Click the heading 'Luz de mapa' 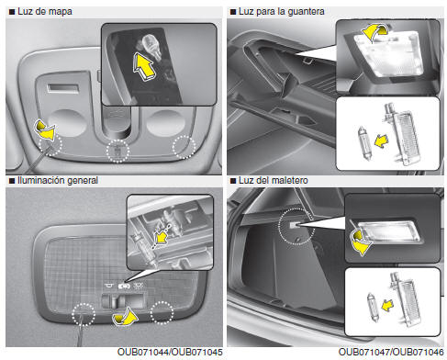(45, 12)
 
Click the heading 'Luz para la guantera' (281, 12)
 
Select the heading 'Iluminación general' (58, 180)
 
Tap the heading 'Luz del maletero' (273, 180)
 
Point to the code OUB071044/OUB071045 (170, 352)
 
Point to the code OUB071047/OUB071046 (391, 352)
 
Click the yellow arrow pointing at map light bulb (144, 67)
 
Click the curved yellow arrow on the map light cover (46, 130)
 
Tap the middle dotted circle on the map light (117, 151)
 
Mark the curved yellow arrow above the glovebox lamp (374, 32)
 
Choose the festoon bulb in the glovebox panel (364, 143)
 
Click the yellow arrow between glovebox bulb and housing (381, 141)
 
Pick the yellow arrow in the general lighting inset (162, 237)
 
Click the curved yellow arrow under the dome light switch (125, 317)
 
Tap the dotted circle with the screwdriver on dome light (84, 314)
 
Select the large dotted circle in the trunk (296, 227)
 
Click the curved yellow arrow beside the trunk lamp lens (361, 242)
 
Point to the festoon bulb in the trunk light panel (374, 307)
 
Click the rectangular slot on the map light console (63, 88)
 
